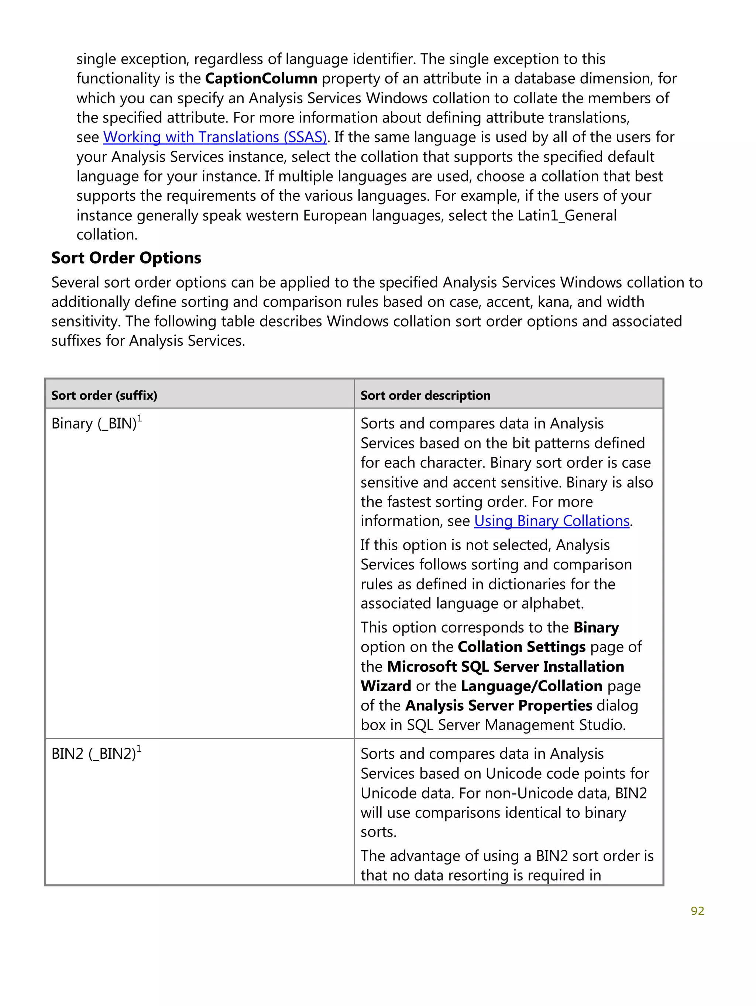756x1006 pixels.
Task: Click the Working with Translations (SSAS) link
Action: point(215,137)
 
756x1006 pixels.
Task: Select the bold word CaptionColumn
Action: point(261,79)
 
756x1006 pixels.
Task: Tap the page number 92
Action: point(697,911)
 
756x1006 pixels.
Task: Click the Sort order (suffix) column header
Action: point(104,395)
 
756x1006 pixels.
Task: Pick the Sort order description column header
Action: point(425,395)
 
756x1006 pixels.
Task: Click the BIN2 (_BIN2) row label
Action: point(93,754)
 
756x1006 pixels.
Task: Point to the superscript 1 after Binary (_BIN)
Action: point(140,418)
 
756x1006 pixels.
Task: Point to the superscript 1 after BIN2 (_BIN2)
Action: point(139,748)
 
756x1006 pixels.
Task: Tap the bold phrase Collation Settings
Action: point(521,647)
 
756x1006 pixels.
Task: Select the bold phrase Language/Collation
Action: point(531,686)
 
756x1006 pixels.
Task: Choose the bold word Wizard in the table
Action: point(386,686)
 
